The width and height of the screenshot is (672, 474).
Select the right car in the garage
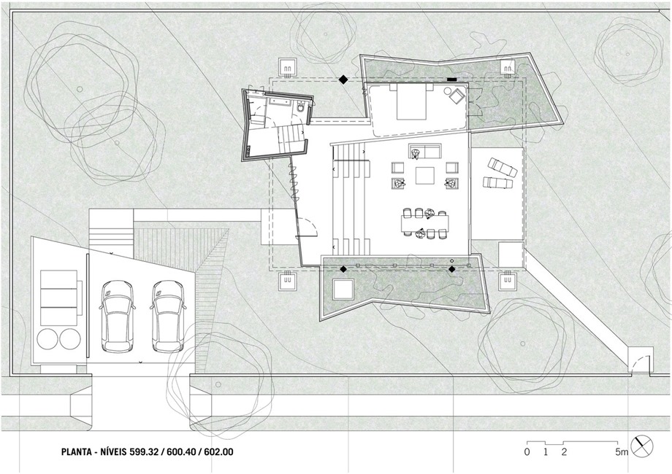(x=169, y=316)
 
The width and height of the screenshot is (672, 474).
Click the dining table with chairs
(x=424, y=222)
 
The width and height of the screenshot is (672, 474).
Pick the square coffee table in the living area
(x=424, y=176)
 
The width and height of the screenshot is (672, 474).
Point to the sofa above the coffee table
(x=425, y=152)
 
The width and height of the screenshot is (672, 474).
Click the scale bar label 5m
(x=622, y=451)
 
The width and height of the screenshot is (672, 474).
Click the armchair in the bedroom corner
(x=457, y=96)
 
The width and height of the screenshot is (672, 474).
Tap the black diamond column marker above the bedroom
(x=343, y=79)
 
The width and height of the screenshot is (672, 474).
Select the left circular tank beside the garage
(x=47, y=339)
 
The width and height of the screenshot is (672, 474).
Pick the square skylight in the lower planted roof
(x=343, y=290)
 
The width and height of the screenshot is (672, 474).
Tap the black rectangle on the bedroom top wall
(x=452, y=79)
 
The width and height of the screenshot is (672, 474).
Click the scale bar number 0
(x=527, y=451)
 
